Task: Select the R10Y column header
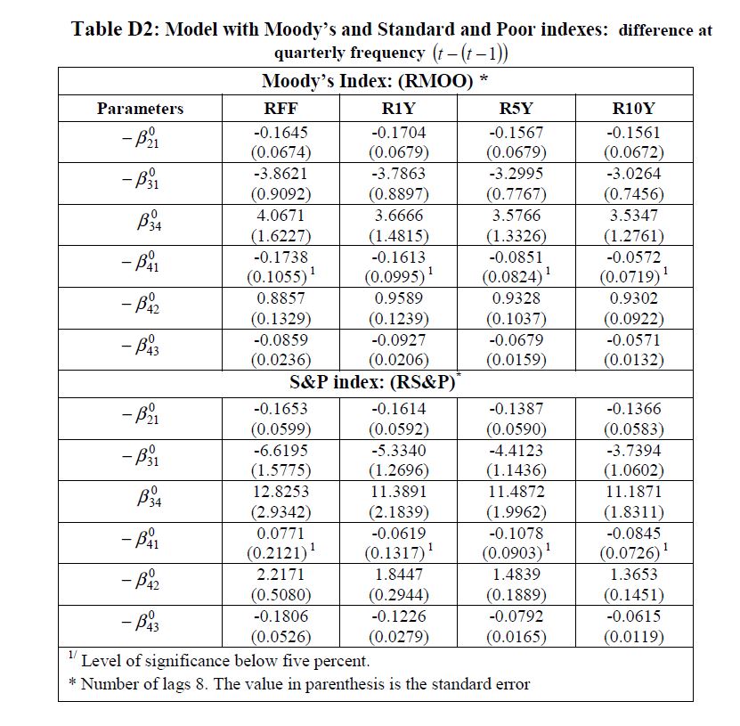pyautogui.click(x=633, y=109)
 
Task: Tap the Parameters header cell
pyautogui.click(x=140, y=109)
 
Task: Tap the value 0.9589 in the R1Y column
pyautogui.click(x=398, y=298)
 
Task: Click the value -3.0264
pyautogui.click(x=633, y=174)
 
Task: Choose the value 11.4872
pyautogui.click(x=516, y=492)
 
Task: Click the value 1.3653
pyautogui.click(x=633, y=575)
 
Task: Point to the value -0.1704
pyautogui.click(x=398, y=133)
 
